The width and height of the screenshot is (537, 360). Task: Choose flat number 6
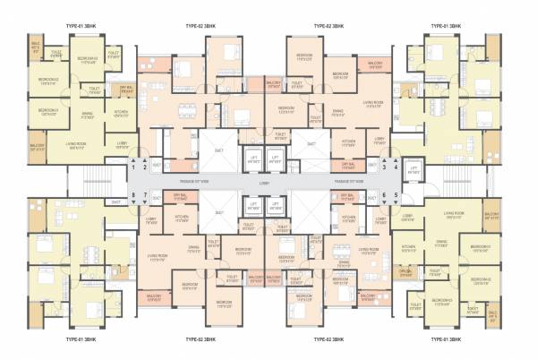pyautogui.click(x=384, y=193)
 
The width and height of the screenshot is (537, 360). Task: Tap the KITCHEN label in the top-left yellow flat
pyautogui.click(x=121, y=111)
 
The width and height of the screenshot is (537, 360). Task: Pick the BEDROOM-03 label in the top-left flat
pyautogui.click(x=47, y=111)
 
